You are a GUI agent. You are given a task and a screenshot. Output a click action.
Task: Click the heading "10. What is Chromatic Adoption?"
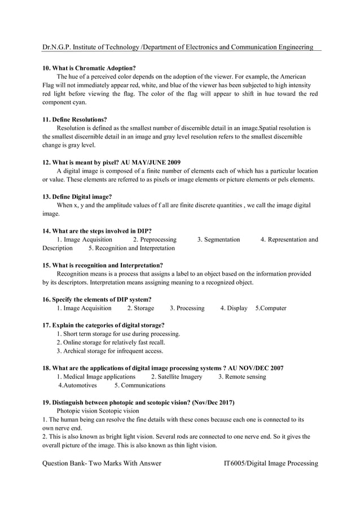(x=89, y=68)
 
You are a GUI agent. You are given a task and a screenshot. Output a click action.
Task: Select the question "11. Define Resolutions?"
(x=75, y=120)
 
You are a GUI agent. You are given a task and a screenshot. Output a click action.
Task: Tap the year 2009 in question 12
(x=170, y=162)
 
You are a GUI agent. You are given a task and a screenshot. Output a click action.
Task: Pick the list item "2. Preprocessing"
(x=154, y=239)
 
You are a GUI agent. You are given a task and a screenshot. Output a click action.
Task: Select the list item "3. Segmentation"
(x=218, y=239)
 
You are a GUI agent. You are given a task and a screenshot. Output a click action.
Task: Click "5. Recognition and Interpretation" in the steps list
(x=131, y=248)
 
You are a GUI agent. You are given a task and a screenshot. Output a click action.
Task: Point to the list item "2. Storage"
(x=141, y=308)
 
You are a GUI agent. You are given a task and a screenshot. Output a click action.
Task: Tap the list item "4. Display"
(x=234, y=308)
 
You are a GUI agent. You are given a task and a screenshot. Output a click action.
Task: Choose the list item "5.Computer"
(x=271, y=308)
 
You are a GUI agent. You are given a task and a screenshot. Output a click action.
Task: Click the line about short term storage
(x=118, y=334)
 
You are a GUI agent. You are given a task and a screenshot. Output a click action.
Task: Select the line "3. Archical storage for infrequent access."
(x=110, y=351)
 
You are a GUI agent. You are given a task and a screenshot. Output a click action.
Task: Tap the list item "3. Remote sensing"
(x=242, y=377)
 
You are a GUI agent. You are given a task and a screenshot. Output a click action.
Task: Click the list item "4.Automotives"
(x=78, y=385)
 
